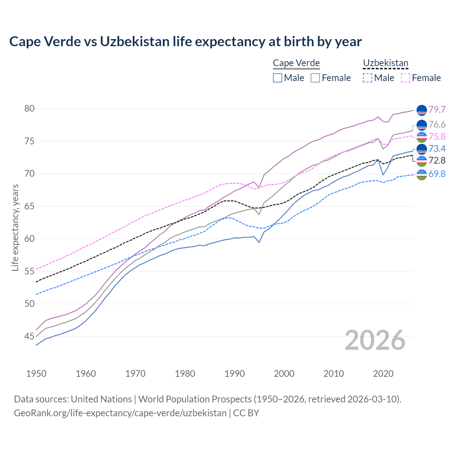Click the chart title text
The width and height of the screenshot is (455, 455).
[185, 42]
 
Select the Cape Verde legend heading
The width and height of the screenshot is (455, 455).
[296, 63]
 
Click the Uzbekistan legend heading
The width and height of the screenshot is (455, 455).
[385, 63]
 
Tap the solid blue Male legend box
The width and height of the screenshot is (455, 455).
[278, 78]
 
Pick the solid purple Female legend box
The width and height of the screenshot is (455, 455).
[315, 78]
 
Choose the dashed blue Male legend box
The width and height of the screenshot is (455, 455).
[368, 78]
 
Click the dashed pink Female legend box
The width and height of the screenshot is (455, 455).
[406, 78]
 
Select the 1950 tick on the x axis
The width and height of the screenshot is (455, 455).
[36, 374]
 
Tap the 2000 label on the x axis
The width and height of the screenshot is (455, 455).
[284, 374]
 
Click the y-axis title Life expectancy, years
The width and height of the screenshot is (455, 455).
[15, 227]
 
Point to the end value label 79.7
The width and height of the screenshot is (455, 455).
[437, 109]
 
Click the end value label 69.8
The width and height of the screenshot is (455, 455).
[437, 174]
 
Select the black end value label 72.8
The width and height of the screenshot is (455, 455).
[437, 161]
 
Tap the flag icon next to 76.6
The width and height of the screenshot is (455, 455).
[422, 125]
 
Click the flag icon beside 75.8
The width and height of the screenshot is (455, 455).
[422, 137]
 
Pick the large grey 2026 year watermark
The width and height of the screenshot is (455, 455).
[375, 340]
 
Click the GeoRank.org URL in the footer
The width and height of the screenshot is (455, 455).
[120, 413]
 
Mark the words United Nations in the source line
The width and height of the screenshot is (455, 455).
[101, 399]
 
